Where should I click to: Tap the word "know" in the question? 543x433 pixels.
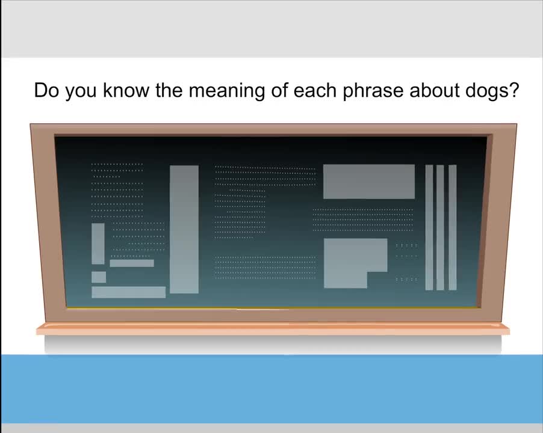[x=126, y=90]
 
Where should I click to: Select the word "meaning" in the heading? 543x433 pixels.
[x=226, y=91]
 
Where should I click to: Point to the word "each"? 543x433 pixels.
[x=315, y=90]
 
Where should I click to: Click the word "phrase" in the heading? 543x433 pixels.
[x=373, y=91]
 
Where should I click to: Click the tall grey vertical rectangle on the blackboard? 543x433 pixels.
[x=184, y=229]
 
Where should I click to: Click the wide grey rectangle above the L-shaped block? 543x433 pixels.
[x=369, y=182]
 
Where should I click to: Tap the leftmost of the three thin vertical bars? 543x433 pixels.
[x=429, y=227]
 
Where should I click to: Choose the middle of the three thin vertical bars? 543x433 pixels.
[x=440, y=227]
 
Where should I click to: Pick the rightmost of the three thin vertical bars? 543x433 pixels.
[x=452, y=227]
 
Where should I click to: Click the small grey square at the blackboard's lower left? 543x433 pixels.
[x=99, y=277]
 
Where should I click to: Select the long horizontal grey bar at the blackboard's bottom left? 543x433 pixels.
[x=128, y=292]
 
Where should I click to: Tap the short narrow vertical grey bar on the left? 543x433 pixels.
[x=98, y=244]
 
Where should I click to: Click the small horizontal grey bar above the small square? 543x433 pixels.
[x=132, y=263]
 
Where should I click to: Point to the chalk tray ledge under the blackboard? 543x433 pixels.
[x=273, y=328]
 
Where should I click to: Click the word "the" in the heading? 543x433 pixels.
[x=169, y=90]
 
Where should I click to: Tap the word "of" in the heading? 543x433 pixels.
[x=279, y=90]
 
